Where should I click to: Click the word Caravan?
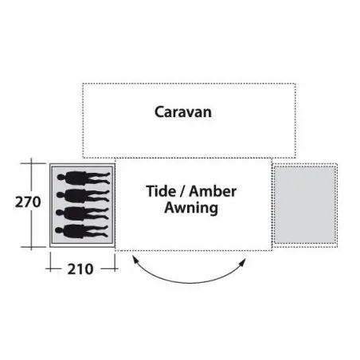(x=183, y=112)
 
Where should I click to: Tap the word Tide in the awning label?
(x=161, y=191)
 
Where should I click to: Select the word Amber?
(x=213, y=191)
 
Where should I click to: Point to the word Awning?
(x=191, y=208)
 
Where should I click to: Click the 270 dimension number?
(x=28, y=202)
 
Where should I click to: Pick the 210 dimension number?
(x=80, y=269)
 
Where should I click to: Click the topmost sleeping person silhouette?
(x=84, y=178)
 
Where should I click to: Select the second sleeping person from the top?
(x=83, y=195)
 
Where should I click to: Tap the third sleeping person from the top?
(x=82, y=213)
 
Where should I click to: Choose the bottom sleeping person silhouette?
(x=81, y=231)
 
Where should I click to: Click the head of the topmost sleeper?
(x=61, y=178)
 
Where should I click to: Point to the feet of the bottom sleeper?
(x=105, y=231)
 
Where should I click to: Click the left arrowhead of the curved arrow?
(x=135, y=259)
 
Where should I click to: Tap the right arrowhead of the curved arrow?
(x=243, y=262)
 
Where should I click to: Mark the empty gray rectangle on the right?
(x=305, y=205)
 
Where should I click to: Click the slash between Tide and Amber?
(x=182, y=191)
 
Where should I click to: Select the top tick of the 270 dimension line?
(x=32, y=163)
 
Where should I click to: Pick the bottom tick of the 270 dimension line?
(x=32, y=247)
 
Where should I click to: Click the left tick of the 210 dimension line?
(x=50, y=269)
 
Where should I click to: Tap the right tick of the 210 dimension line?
(x=115, y=269)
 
